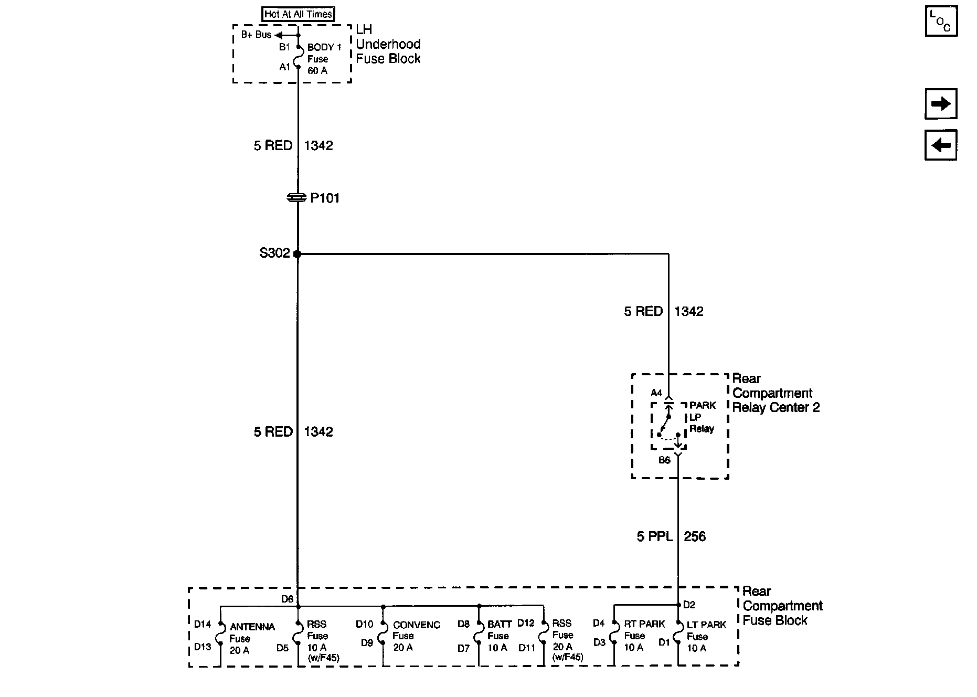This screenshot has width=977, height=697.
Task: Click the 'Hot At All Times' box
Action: pos(298,14)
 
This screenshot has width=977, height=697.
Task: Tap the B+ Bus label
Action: pos(256,35)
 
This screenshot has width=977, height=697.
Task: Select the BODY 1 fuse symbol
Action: pos(298,57)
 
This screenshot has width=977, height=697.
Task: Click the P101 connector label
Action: pos(325,198)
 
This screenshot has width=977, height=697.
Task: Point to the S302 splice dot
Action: pos(298,254)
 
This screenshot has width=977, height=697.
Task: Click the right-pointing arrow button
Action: pos(941,104)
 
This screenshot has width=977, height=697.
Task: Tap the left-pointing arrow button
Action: pos(941,145)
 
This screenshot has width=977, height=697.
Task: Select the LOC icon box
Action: pos(941,21)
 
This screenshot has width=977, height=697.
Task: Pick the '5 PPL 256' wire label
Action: pos(671,536)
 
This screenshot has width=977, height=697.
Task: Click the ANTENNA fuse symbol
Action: pos(220,635)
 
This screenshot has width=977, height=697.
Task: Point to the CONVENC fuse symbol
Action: pos(383,635)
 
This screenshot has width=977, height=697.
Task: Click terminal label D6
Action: pos(287,599)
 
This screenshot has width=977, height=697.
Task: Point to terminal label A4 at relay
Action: pos(656,393)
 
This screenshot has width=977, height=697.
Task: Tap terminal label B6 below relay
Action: pos(664,460)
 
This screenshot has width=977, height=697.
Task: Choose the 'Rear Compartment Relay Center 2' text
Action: pos(776,393)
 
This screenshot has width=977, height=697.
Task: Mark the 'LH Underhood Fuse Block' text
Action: pos(388,44)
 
